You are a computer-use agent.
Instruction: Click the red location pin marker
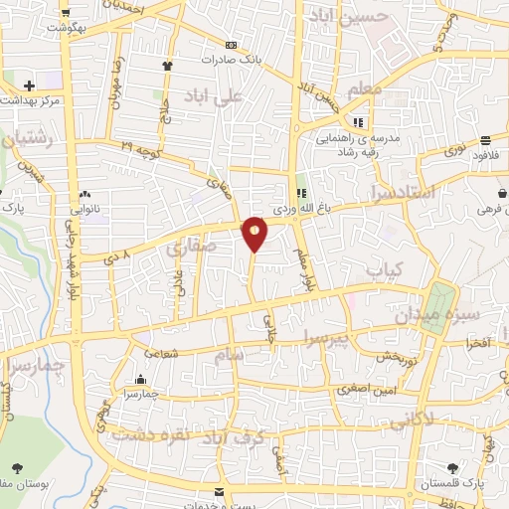(x=254, y=233)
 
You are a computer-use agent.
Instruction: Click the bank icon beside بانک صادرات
(x=232, y=45)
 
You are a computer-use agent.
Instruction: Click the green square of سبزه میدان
(x=438, y=298)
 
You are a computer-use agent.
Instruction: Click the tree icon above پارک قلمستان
(x=453, y=467)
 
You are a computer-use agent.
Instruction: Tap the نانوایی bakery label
(x=85, y=210)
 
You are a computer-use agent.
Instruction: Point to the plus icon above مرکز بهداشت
(x=29, y=86)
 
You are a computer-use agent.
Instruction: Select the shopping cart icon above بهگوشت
(x=66, y=13)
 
